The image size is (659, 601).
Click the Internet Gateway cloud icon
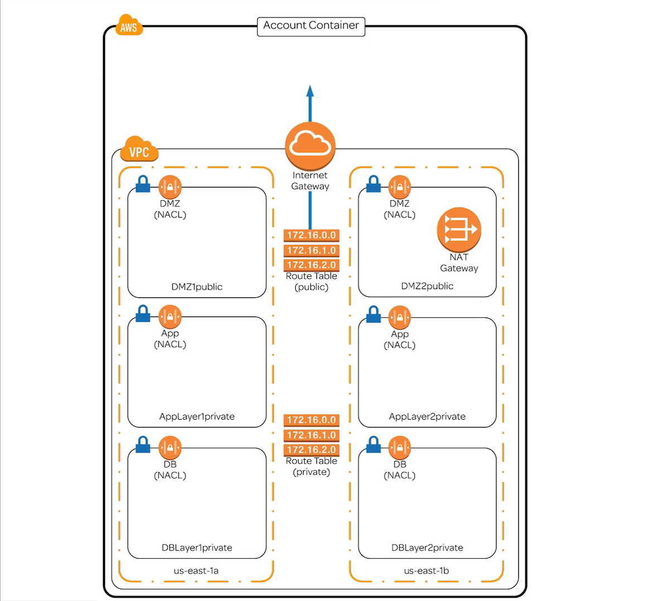click(x=310, y=147)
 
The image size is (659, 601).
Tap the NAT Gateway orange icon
click(x=459, y=229)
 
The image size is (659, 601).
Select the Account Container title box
click(x=311, y=26)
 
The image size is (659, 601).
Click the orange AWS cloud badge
click(x=129, y=26)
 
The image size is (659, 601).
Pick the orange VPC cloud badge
click(x=139, y=150)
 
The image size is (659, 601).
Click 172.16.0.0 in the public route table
click(x=311, y=235)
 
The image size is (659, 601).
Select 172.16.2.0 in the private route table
click(x=311, y=450)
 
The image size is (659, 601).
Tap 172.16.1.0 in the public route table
click(x=311, y=251)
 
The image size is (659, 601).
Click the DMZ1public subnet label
click(x=197, y=287)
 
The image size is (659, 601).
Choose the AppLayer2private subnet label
click(x=427, y=416)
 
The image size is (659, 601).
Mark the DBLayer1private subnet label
click(x=197, y=547)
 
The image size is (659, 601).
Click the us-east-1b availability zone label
click(x=426, y=571)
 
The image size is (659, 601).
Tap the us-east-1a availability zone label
click(x=196, y=571)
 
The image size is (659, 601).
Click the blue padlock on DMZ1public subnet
click(x=143, y=185)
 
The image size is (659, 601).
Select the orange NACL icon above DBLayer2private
click(x=400, y=448)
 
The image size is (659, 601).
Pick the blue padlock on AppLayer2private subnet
click(x=373, y=315)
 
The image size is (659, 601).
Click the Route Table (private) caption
click(x=311, y=467)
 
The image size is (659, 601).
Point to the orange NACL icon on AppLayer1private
click(x=170, y=317)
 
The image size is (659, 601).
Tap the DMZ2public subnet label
click(x=427, y=286)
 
